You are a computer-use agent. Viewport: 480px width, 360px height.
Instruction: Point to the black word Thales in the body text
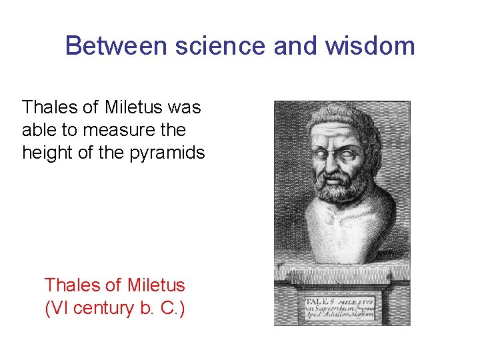[47, 107]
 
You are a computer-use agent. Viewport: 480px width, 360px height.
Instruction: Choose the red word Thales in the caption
[69, 285]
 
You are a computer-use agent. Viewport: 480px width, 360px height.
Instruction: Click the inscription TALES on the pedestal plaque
[319, 301]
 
